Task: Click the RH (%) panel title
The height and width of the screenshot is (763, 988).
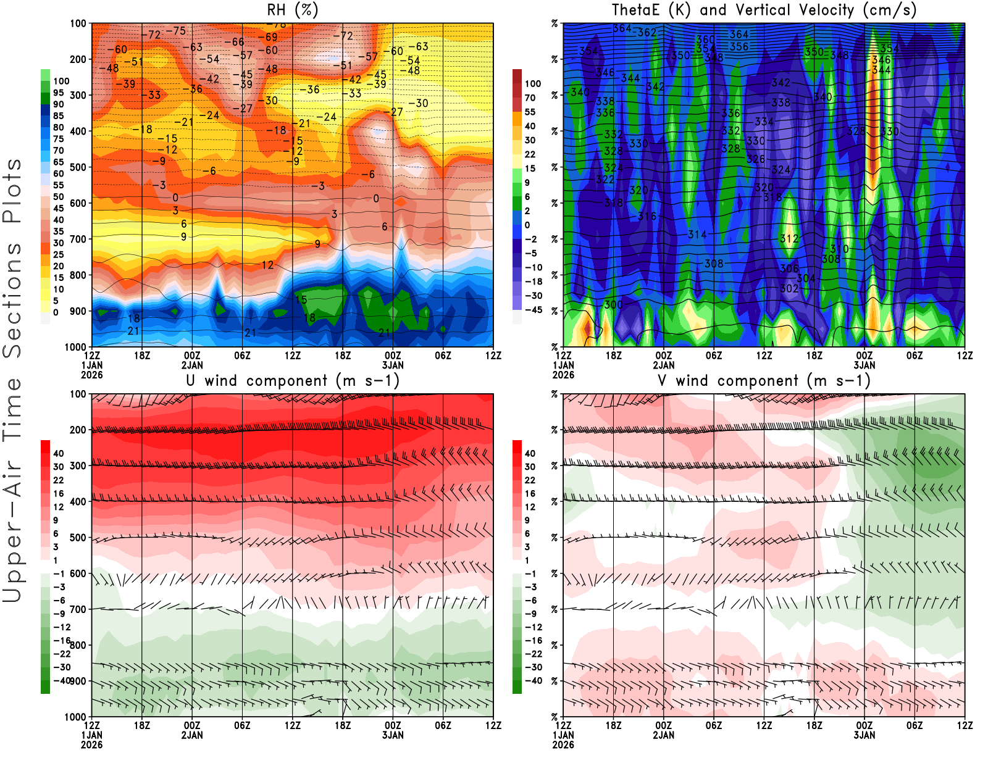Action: tap(292, 10)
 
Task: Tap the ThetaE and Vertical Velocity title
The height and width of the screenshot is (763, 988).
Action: tap(764, 10)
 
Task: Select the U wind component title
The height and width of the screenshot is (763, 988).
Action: tap(293, 381)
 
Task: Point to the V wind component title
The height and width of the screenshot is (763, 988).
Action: tap(764, 381)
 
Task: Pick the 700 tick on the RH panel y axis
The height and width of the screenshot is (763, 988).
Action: tap(78, 239)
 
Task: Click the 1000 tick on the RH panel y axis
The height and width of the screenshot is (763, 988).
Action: tap(76, 347)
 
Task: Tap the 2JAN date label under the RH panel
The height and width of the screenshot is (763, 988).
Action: tap(192, 365)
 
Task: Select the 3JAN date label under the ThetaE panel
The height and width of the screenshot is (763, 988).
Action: tap(865, 365)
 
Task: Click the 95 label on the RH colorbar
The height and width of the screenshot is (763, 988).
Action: tap(58, 93)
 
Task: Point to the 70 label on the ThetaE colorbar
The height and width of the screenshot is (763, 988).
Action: tap(530, 98)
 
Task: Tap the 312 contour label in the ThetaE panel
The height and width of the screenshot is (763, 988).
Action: tap(789, 238)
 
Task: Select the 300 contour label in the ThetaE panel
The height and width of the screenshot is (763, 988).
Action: tap(613, 304)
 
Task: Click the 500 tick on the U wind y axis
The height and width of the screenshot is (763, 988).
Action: tap(78, 538)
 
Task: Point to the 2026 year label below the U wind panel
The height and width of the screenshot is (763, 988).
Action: tap(92, 744)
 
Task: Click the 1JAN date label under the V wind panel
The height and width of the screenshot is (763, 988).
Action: tap(563, 735)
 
